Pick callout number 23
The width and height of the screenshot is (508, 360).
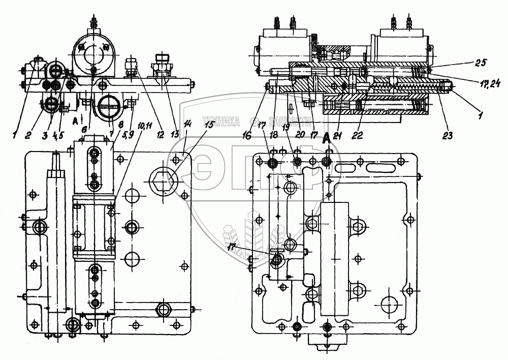coord(448,136)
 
